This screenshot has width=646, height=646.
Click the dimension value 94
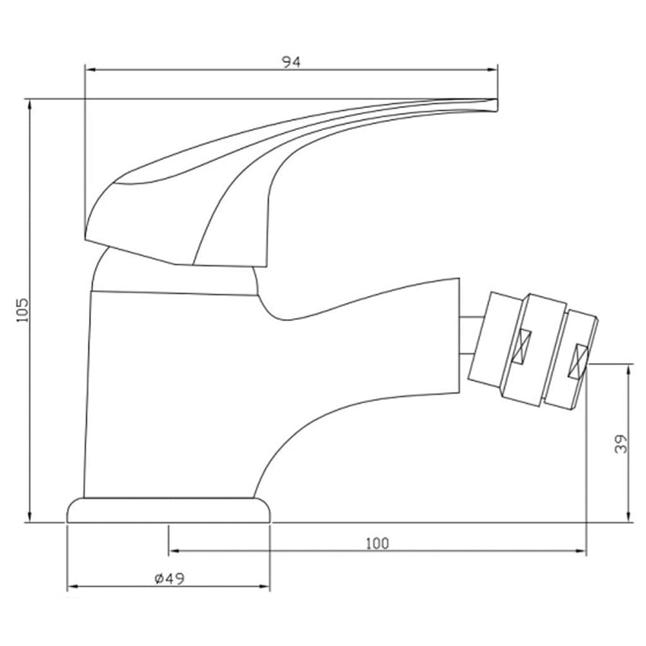[x=291, y=62]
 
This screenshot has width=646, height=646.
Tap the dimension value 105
[x=23, y=310]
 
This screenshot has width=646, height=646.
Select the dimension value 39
[x=621, y=444]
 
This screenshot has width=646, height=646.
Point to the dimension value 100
[x=377, y=544]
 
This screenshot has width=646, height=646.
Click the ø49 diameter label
[x=170, y=579]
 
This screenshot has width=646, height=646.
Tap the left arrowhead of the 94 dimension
[x=90, y=70]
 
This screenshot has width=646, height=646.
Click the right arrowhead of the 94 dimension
[x=492, y=70]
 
